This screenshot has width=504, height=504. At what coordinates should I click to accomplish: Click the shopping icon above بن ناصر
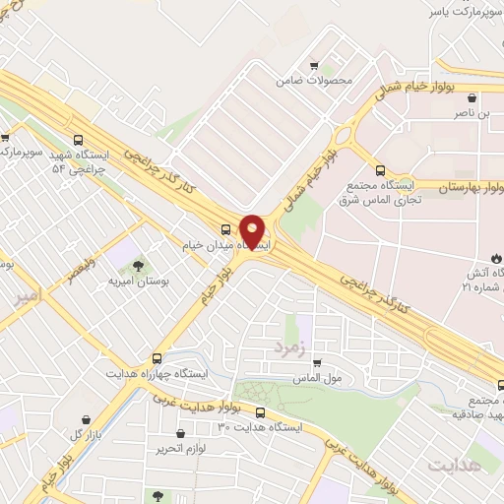click(473, 97)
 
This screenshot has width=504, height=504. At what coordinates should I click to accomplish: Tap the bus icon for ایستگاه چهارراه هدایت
click(157, 358)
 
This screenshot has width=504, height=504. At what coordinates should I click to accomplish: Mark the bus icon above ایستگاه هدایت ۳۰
click(260, 412)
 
